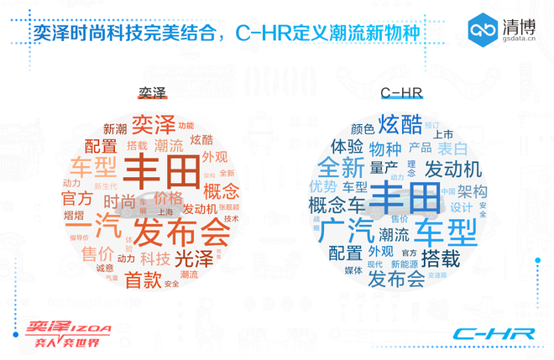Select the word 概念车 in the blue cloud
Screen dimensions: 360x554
337,204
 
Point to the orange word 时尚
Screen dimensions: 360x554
119,201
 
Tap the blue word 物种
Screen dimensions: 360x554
385,149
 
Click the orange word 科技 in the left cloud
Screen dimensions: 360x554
155,258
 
